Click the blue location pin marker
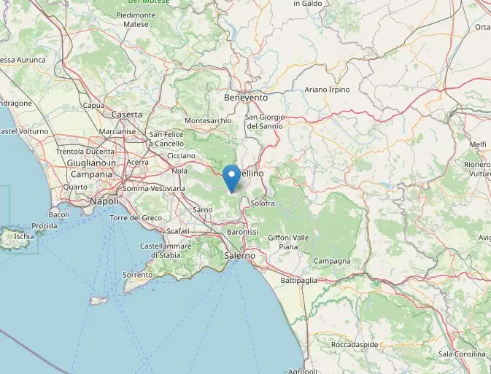pos(232,177)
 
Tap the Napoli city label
pos(104,200)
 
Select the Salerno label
pos(240,256)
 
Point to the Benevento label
pos(246,97)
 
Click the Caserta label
pos(127,114)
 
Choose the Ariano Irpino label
pos(327,90)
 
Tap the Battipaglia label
pos(298,280)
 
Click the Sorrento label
pos(137,275)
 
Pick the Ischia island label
pos(23,236)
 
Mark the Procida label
pos(44,226)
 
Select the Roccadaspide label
pos(353,344)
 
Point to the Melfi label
pos(478,145)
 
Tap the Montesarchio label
pos(208,120)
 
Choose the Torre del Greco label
pos(136,218)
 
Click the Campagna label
pos(332,261)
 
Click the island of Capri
pos(98,300)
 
